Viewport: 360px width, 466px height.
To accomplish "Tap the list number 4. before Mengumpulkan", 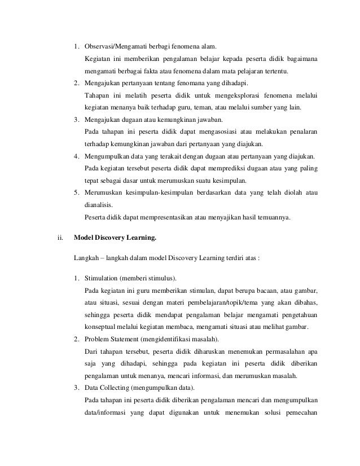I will [x=77, y=157].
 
